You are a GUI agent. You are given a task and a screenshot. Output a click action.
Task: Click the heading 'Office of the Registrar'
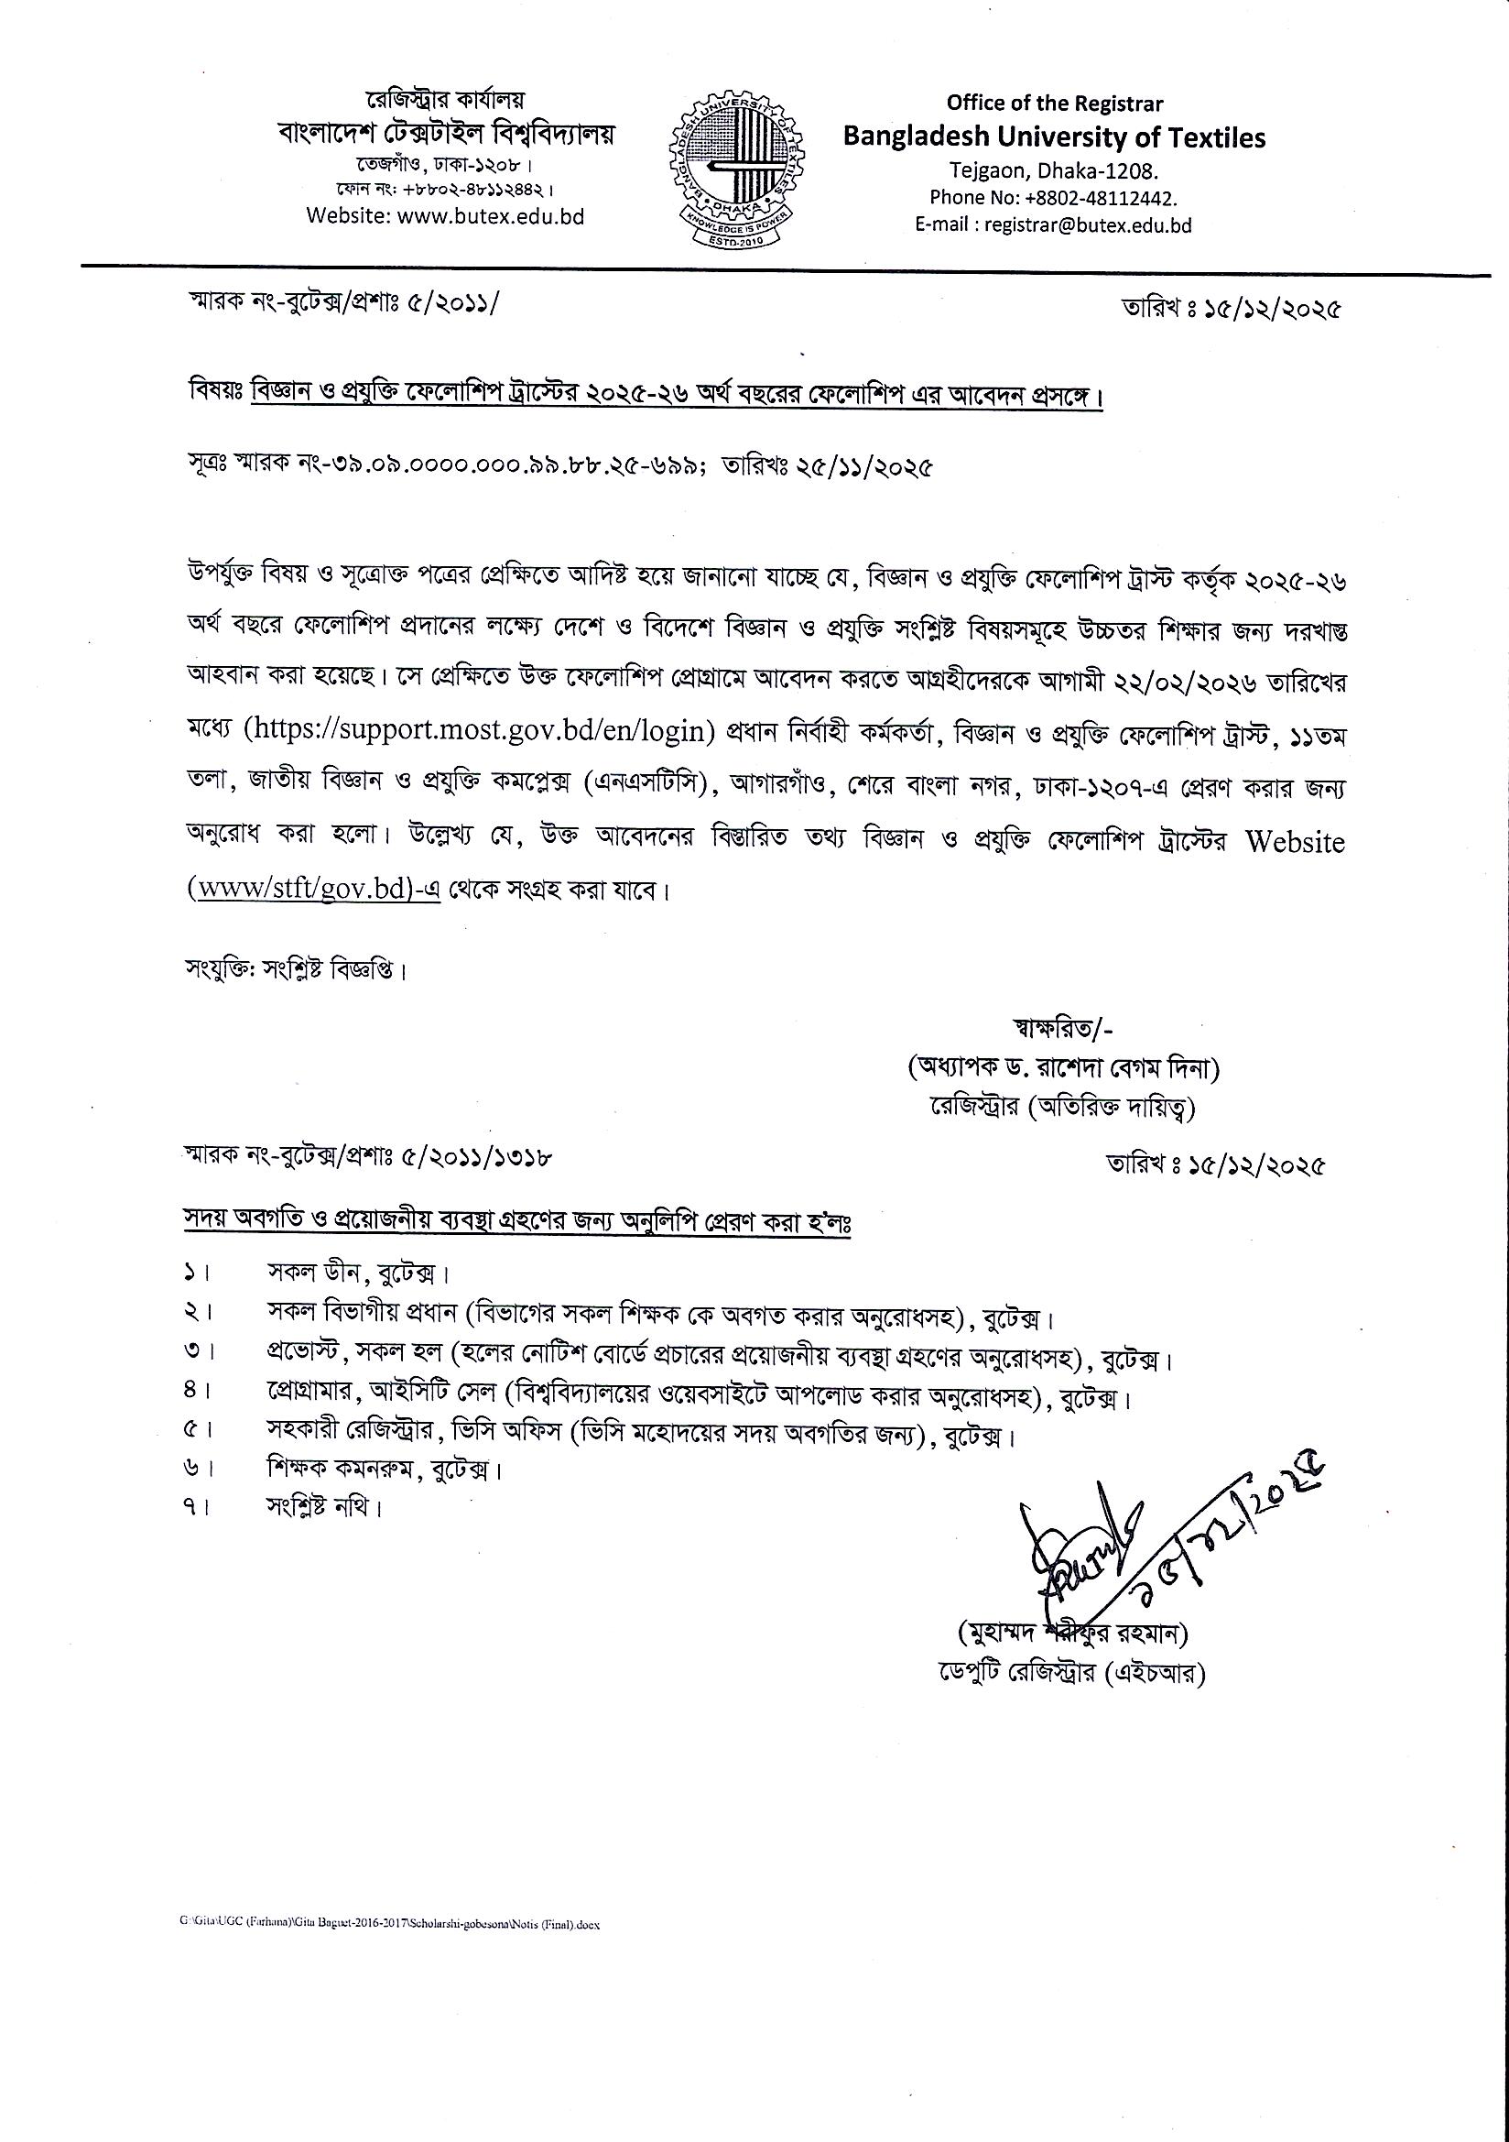pos(1054,104)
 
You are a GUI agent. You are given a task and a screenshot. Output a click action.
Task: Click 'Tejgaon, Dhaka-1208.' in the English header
pos(1054,170)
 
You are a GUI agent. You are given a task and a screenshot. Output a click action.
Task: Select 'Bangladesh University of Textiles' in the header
pos(1054,137)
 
